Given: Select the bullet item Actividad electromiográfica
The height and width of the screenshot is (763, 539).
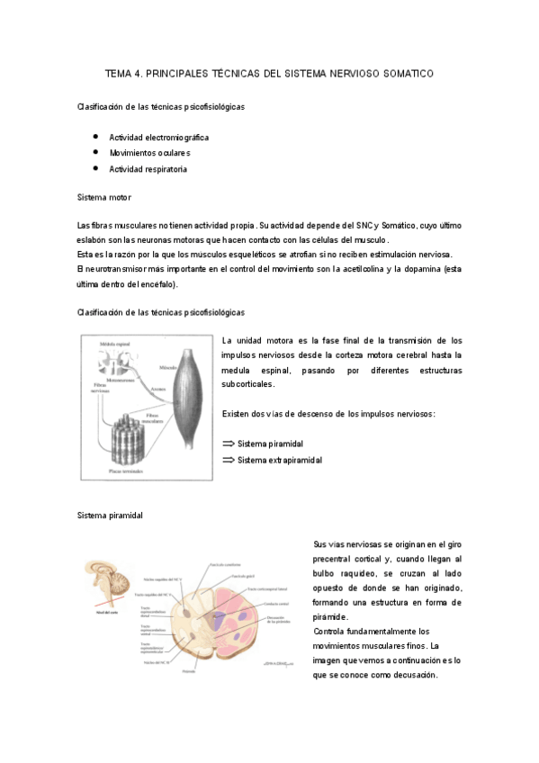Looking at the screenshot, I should coord(159,138).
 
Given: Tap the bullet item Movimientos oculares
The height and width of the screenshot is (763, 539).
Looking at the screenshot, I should coord(149,153).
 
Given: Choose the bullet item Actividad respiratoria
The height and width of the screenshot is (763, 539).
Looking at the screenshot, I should coord(148,169).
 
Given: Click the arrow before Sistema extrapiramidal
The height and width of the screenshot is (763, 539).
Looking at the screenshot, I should coord(228,460).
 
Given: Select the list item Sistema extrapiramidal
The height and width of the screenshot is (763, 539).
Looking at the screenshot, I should coord(280,460).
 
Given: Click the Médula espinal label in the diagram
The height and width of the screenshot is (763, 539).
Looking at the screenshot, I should coord(111,346).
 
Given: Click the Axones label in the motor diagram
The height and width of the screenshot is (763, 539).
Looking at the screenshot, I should coord(159,390).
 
